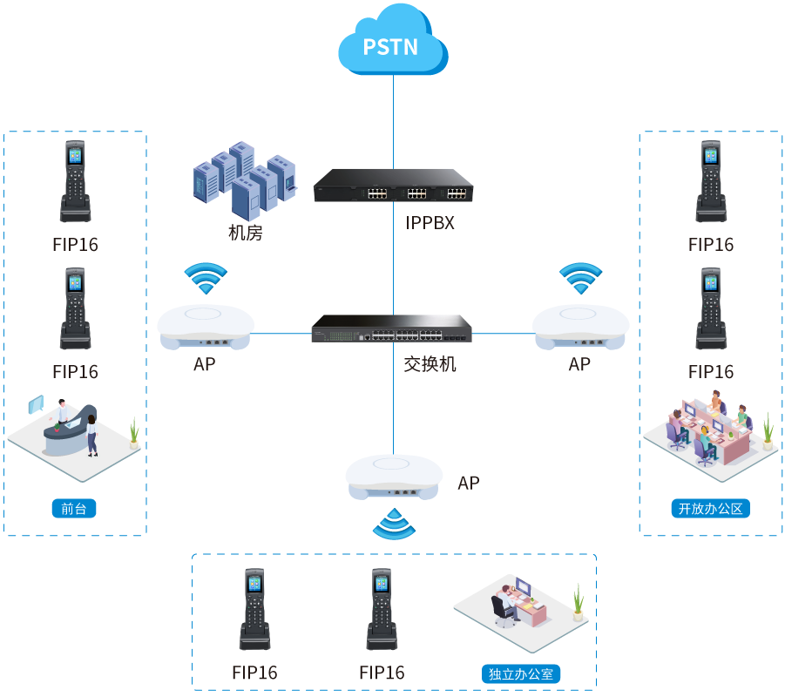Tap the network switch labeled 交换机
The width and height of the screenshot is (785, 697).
393,329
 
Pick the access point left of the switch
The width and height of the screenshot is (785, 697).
206,327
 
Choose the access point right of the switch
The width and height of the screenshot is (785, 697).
579,327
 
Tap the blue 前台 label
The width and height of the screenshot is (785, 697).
74,509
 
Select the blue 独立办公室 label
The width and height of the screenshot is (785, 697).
521,673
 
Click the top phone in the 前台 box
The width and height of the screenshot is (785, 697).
75,182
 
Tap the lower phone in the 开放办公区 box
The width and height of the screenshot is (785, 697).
711,308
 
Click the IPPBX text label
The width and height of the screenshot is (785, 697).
430,223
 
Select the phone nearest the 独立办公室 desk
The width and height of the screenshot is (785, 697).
382,610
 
